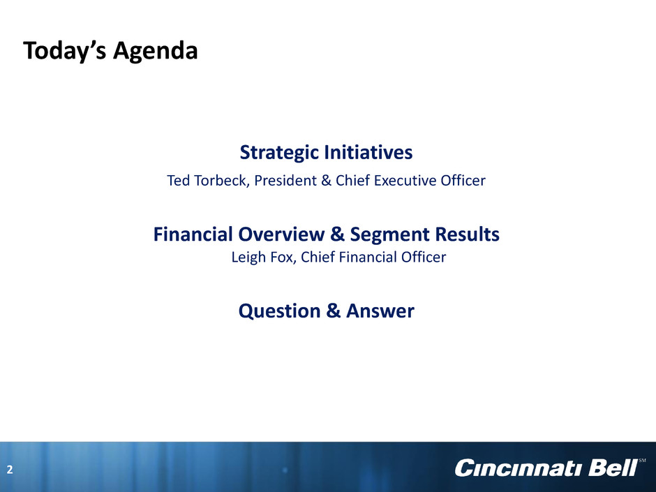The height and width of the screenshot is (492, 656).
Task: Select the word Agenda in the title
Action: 155,52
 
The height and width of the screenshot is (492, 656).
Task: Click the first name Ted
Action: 178,180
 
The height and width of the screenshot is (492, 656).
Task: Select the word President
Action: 285,180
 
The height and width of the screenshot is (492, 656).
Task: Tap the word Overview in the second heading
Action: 281,234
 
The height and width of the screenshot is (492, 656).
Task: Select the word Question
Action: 279,311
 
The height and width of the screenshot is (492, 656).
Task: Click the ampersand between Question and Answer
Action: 334,311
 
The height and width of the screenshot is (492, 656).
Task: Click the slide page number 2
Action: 10,470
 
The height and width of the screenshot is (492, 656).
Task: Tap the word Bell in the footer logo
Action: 613,468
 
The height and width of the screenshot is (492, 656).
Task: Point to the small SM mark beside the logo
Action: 642,461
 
